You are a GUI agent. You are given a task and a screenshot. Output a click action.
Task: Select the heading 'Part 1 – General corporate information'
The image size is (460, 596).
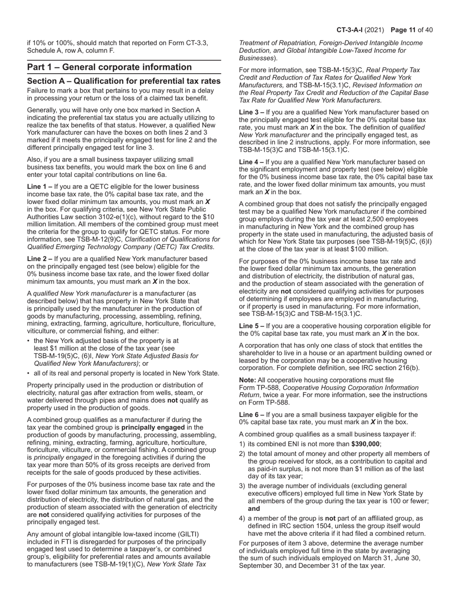tap(109, 67)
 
